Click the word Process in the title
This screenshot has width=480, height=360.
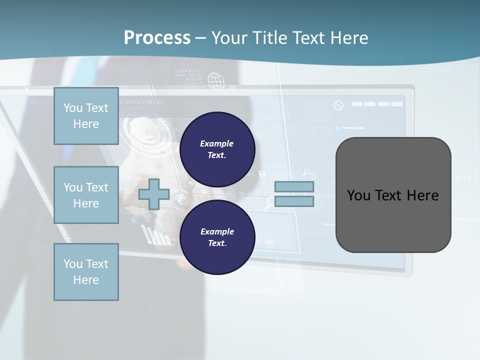tap(157, 38)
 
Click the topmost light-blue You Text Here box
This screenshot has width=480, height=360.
tap(86, 116)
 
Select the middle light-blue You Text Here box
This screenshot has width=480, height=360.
tap(86, 195)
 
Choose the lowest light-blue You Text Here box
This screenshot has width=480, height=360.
tap(86, 271)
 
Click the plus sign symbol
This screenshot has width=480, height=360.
tap(154, 194)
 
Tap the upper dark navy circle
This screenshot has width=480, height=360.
tap(217, 149)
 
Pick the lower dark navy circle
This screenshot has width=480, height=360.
tap(217, 237)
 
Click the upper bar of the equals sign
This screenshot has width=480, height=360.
tap(294, 187)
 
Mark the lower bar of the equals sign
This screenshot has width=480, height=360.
tap(294, 201)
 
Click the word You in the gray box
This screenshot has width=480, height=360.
tap(358, 195)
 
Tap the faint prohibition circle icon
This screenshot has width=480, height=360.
tap(338, 105)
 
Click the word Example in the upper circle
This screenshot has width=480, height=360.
tap(216, 143)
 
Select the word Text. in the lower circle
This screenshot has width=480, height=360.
tap(217, 243)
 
